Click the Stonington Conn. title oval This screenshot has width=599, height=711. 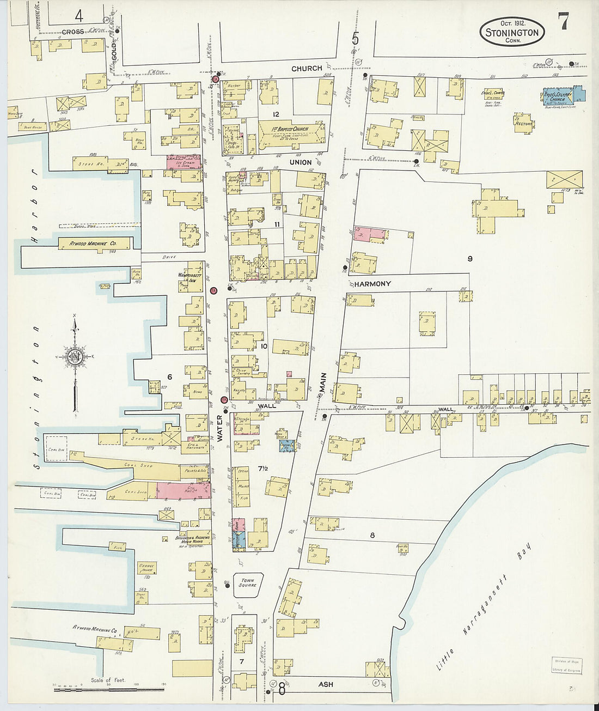pos(512,32)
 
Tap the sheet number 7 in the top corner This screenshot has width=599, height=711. pos(563,22)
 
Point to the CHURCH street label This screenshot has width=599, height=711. pos(307,69)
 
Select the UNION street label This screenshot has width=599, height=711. pos(301,162)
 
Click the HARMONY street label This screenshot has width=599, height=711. pos(372,284)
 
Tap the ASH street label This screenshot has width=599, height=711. pos(326,684)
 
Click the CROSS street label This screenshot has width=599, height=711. pos(72,32)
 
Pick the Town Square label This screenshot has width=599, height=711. pos(247,583)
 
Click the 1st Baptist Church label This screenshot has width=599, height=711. pos(290,129)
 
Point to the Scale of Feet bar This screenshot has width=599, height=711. pos(109,689)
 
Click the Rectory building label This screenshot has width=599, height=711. pos(523,124)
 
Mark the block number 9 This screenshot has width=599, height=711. pos(469,259)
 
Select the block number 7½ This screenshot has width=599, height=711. pos(264,469)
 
